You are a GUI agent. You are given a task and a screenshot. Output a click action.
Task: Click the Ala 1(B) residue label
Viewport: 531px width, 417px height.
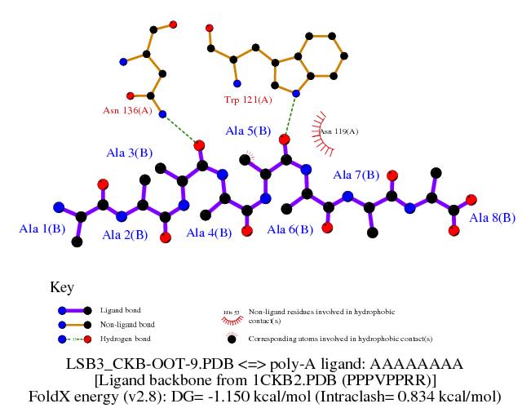42,230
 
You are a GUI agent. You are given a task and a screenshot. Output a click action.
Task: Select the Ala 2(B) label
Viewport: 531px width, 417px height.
125,235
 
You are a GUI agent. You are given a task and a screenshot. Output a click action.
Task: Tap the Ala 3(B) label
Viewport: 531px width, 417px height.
129,153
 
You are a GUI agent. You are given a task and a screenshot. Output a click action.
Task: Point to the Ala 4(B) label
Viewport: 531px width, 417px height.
210,233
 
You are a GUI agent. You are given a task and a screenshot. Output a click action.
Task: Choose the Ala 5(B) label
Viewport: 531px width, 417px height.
248,131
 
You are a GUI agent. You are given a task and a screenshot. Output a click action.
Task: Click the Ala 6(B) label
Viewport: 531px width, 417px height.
290,230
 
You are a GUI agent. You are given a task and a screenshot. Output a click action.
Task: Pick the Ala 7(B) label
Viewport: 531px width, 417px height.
356,175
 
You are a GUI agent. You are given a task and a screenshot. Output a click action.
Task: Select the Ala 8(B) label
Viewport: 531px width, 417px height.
493,218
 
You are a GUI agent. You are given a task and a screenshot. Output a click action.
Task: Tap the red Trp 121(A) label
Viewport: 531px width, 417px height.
248,100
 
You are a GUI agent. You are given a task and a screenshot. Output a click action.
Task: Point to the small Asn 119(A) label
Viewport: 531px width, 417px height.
339,131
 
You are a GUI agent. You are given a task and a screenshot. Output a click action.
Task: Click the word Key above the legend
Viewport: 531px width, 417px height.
62,287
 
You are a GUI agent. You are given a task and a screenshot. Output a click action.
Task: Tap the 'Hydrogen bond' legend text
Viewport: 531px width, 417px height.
124,338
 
